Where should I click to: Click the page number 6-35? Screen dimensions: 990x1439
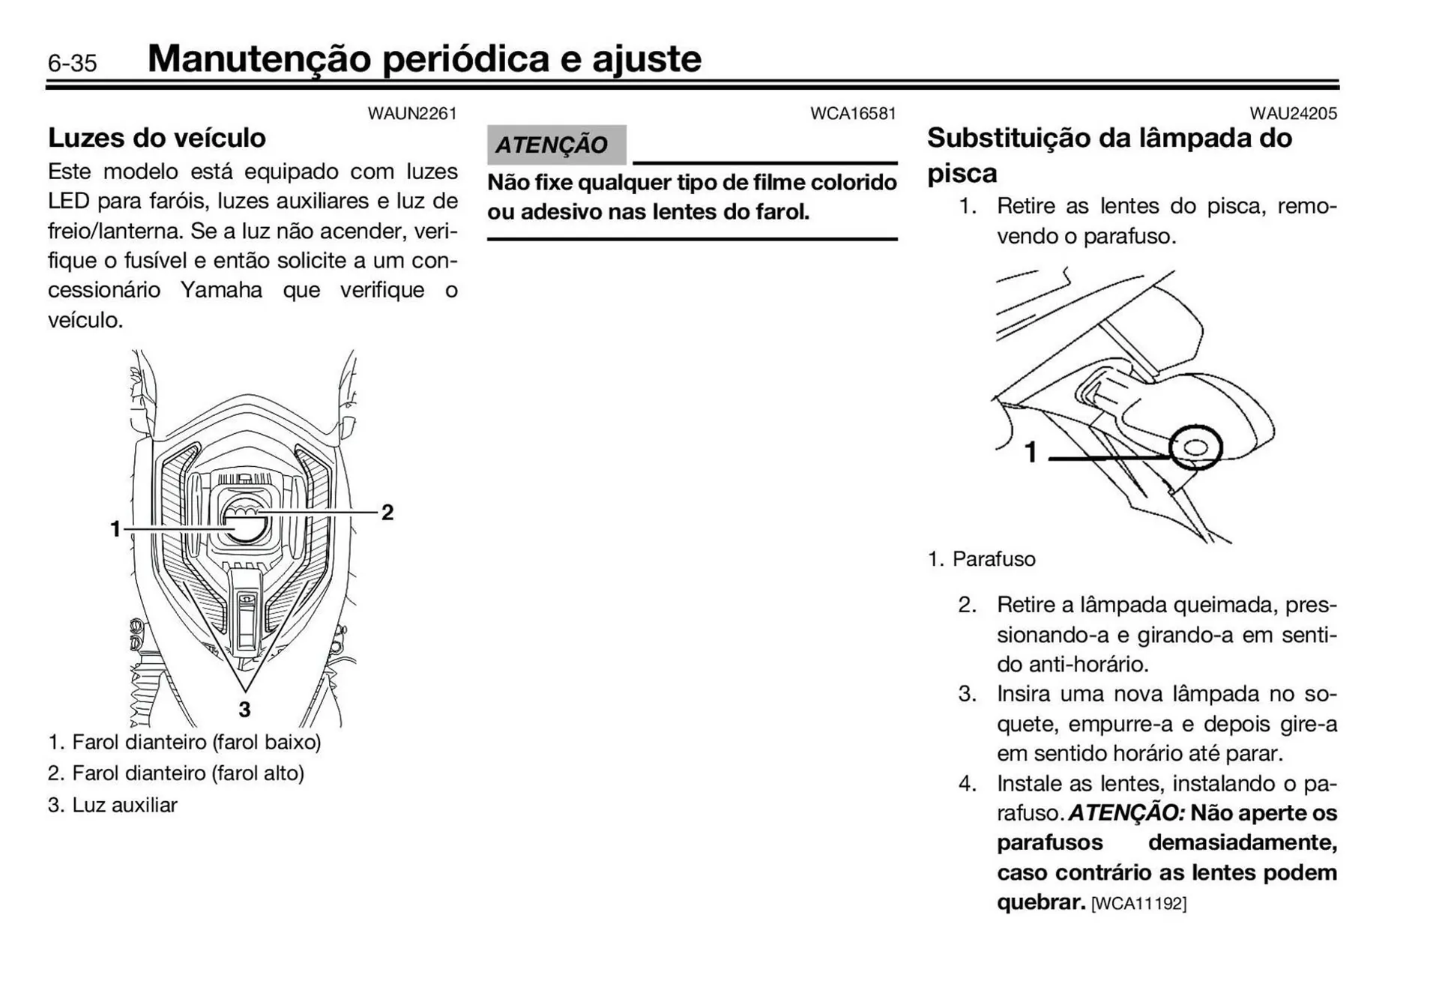click(x=72, y=63)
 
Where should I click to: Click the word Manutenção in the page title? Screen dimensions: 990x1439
click(x=259, y=58)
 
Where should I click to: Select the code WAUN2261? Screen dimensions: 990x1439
click(x=411, y=114)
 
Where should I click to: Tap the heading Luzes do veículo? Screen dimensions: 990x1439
click(x=157, y=138)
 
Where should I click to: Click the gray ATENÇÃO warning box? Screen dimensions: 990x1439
click(x=555, y=145)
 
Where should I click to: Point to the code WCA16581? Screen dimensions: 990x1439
click(x=853, y=114)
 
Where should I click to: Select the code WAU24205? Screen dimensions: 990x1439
click(x=1293, y=114)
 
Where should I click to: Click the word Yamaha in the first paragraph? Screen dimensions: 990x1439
click(x=221, y=290)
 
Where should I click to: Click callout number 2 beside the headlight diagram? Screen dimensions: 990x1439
click(x=387, y=513)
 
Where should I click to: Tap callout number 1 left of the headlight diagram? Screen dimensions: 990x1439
click(x=115, y=529)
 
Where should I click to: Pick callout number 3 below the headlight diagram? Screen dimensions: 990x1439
click(x=244, y=709)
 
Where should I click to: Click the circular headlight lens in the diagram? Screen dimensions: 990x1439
click(x=244, y=520)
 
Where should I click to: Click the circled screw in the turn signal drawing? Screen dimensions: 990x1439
click(x=1195, y=448)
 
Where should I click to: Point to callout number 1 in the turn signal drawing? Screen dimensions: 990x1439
click(x=1031, y=452)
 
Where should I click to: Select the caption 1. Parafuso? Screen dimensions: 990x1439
click(x=982, y=559)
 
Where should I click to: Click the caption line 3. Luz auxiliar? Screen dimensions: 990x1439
click(x=112, y=805)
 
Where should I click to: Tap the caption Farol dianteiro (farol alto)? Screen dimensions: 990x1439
click(x=187, y=773)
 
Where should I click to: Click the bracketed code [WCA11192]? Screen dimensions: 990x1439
click(x=1138, y=904)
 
